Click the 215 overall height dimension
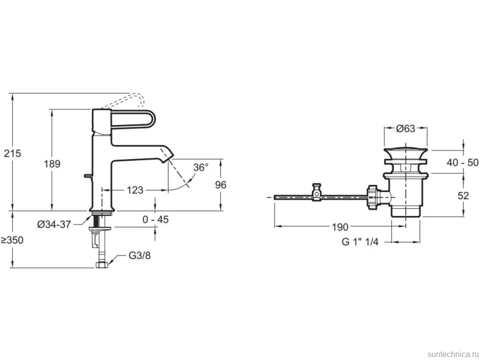pyautogui.click(x=12, y=153)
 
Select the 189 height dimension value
pyautogui.click(x=52, y=164)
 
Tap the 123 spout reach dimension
pyautogui.click(x=135, y=190)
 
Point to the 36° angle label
pyautogui.click(x=200, y=167)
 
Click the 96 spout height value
pyautogui.click(x=220, y=185)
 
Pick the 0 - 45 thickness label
pyautogui.click(x=155, y=219)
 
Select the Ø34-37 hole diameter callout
pyautogui.click(x=54, y=225)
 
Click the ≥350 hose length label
pyautogui.click(x=12, y=240)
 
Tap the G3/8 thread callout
pyautogui.click(x=140, y=255)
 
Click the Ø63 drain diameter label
pyautogui.click(x=406, y=129)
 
